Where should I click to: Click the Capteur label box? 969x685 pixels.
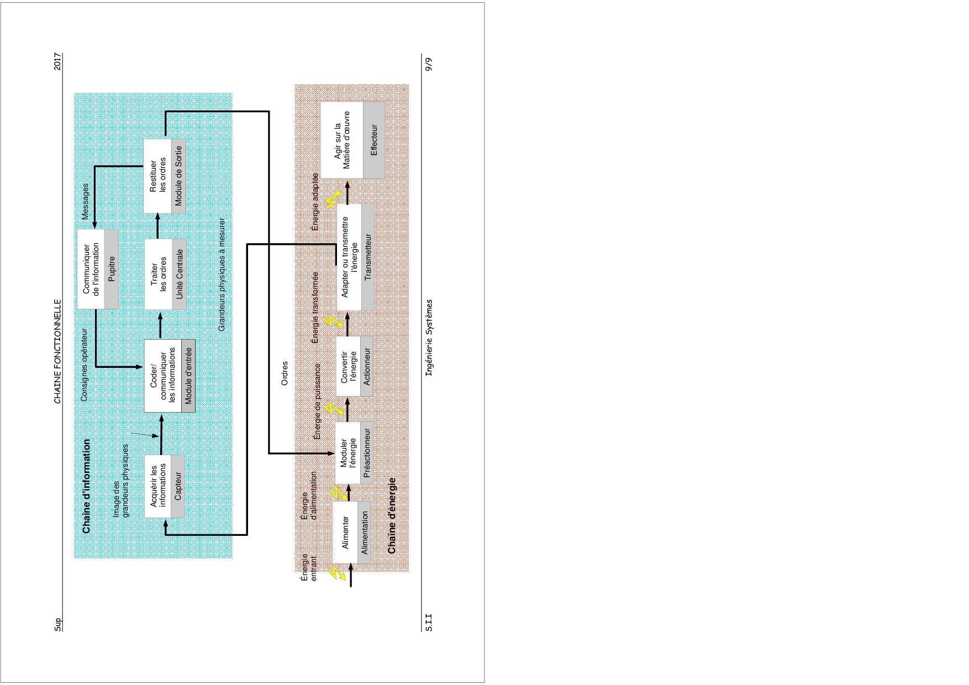pos(178,487)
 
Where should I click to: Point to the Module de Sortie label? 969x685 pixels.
pos(178,176)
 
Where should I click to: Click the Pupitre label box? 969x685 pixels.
pos(112,269)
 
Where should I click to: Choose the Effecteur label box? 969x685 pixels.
pos(374,140)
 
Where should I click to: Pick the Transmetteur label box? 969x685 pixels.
pos(368,257)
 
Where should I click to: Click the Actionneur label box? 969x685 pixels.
pos(367,366)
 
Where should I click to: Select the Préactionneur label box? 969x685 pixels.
pos(367,453)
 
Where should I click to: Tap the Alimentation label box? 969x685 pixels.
pos(364,533)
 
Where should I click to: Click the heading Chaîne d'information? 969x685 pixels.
pos(86,487)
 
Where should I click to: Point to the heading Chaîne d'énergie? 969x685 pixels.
pos(392,515)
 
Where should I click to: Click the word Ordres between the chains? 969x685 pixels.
pos(285,373)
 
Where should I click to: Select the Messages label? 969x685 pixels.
pos(85,202)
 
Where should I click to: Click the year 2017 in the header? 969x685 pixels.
pos(57,61)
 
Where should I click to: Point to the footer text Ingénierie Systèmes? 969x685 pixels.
pos(429,339)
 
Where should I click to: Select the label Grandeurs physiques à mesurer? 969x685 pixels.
pos(222,275)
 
